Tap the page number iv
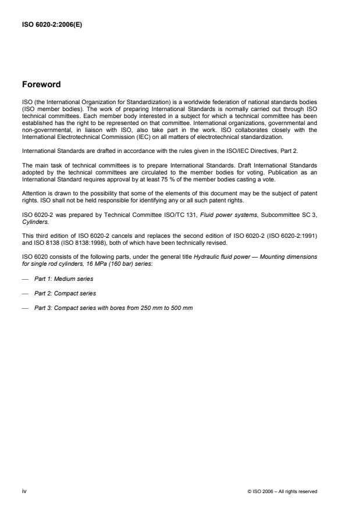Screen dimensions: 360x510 pos(24,491)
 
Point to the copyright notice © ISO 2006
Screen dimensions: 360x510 pos(282,491)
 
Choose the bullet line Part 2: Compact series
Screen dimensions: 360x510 pos(57,293)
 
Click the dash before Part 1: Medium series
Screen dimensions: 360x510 pos(25,279)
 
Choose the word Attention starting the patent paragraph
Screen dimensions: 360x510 pos(34,192)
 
